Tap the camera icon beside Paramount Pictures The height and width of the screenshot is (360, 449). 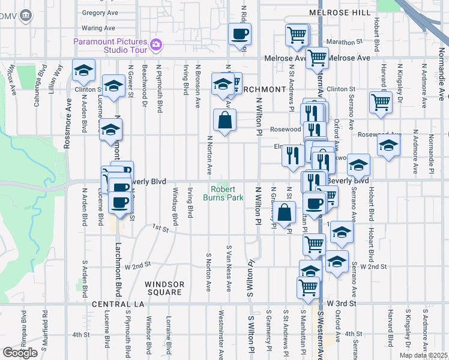(x=156, y=44)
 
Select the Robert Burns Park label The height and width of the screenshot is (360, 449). (x=223, y=193)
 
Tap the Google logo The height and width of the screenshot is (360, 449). (x=20, y=352)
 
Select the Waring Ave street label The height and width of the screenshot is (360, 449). (x=98, y=28)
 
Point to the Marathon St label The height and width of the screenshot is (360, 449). (x=346, y=42)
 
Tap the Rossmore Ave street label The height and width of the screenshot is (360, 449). (x=67, y=128)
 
